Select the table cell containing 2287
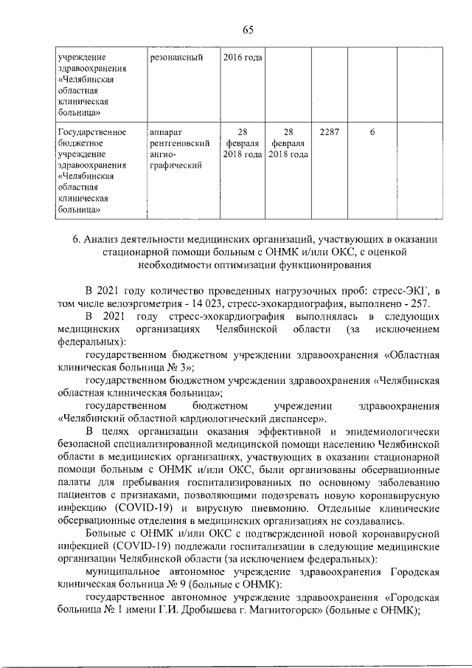tap(328, 131)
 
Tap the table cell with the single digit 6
tap(372, 131)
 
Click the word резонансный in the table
tap(176, 57)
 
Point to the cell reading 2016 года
tap(242, 57)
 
